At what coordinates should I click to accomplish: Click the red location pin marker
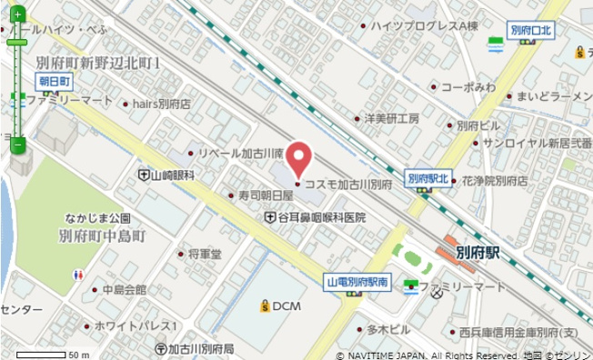click(x=299, y=161)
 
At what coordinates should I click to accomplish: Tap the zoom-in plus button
click(x=17, y=15)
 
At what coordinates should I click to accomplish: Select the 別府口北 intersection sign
click(x=531, y=31)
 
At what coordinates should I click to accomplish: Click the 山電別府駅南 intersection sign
click(x=358, y=283)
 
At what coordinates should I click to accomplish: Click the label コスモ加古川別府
click(x=347, y=185)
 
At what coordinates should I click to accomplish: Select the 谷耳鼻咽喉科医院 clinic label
click(x=320, y=218)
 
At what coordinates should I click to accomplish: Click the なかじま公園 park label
click(x=96, y=218)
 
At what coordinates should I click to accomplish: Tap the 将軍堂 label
click(x=204, y=255)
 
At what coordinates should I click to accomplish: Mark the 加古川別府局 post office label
click(x=199, y=348)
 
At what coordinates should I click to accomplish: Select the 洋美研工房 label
click(x=391, y=118)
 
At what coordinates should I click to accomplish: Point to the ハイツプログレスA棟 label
click(x=429, y=27)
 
